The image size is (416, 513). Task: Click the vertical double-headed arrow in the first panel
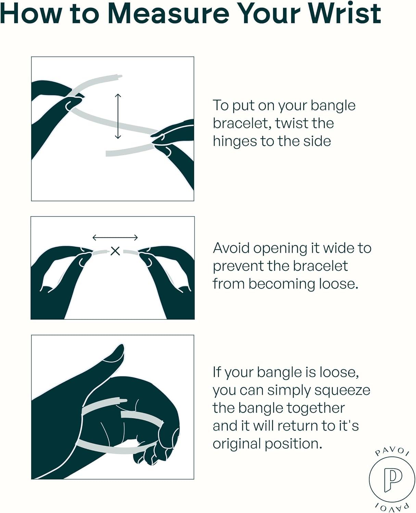tap(118, 116)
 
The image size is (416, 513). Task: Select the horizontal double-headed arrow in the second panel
tap(115, 238)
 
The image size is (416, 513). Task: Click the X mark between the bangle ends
tap(115, 251)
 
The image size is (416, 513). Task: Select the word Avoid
tap(231, 248)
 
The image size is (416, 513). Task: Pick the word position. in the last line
tap(293, 444)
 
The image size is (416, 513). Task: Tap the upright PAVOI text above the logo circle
tap(392, 451)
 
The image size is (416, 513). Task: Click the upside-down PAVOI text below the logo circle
tap(392, 506)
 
